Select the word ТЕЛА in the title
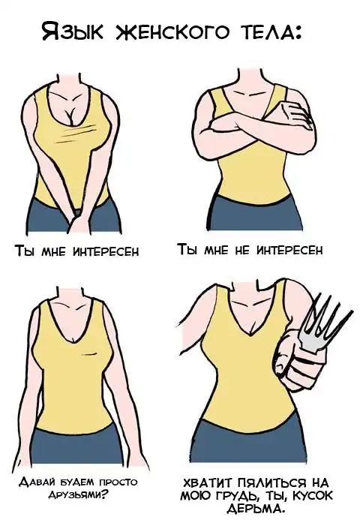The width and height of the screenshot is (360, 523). pos(266,32)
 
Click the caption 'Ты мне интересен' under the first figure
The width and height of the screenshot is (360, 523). pos(76,251)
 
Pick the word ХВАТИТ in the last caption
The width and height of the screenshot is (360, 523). pos(207,483)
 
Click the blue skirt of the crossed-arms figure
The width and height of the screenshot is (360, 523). pos(255,212)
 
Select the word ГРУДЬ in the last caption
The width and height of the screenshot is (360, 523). pos(233,496)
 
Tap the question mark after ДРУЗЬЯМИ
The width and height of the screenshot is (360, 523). pos(105,494)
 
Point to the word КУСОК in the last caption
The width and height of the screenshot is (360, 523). pos(313,496)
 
